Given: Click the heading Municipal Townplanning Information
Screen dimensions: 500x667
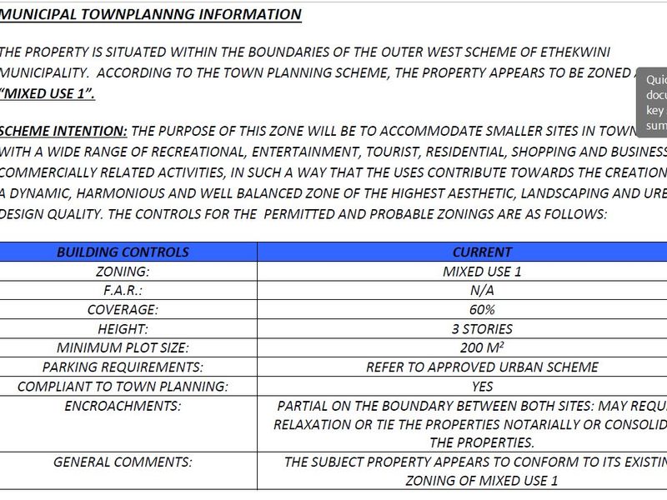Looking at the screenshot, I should (x=150, y=14).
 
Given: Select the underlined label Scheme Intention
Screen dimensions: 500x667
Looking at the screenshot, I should (x=63, y=132).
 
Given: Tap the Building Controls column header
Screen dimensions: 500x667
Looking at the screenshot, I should (x=123, y=252).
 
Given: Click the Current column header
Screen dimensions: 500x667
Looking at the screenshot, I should (x=482, y=252).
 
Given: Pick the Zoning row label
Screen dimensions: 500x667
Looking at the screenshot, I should (x=123, y=271).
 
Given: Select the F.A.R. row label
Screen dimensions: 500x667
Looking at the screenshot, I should (x=123, y=290).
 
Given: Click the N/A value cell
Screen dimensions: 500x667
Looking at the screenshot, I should (x=482, y=290).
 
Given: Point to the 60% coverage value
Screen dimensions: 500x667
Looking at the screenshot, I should (x=482, y=309).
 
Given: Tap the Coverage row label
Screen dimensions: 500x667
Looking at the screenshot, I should (x=123, y=309).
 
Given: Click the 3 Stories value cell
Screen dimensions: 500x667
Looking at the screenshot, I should (x=482, y=328).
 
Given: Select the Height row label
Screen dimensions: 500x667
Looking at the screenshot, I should (x=123, y=328).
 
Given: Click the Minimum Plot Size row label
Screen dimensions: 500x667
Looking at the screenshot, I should (x=123, y=347).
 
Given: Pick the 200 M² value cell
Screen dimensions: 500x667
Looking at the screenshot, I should (x=482, y=347).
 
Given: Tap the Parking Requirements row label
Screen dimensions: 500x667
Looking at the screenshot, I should (x=123, y=367).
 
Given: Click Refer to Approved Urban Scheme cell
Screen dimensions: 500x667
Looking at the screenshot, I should (x=482, y=367).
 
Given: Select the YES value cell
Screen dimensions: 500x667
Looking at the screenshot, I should (x=482, y=387).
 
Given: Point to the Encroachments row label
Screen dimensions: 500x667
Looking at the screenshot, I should (x=123, y=406).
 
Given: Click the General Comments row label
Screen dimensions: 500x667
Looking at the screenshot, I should (x=123, y=462).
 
